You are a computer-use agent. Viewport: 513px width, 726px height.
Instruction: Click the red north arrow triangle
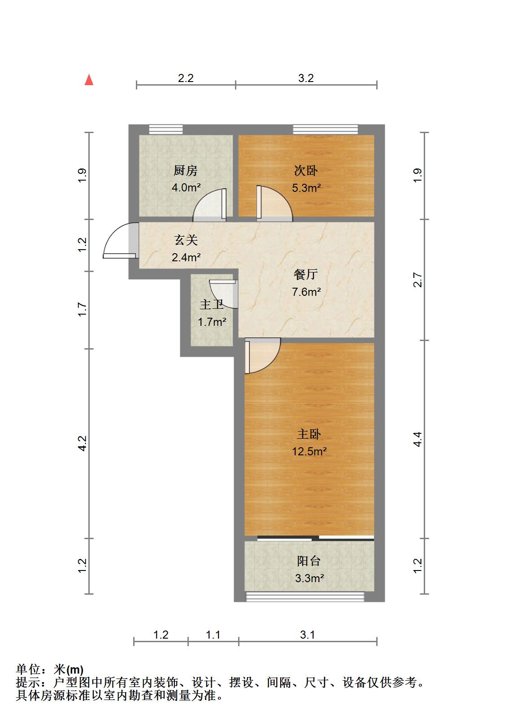(x=89, y=80)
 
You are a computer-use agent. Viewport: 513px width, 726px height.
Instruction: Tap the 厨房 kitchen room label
(x=185, y=170)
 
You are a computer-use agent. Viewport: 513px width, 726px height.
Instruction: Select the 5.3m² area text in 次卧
(x=306, y=188)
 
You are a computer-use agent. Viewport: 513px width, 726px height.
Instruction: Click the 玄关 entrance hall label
(x=186, y=240)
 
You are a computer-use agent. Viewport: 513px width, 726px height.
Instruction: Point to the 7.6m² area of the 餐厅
(x=306, y=292)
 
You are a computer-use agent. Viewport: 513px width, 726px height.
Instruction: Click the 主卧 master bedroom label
(x=309, y=434)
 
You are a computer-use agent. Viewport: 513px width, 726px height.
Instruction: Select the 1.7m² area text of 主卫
(x=212, y=322)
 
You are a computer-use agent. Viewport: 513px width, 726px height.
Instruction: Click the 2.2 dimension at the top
(x=186, y=78)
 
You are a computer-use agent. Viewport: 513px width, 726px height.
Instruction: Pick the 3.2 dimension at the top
(x=306, y=78)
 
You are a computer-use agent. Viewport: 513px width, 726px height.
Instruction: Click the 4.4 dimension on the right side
(x=417, y=439)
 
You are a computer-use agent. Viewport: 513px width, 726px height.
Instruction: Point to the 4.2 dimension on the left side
(x=82, y=443)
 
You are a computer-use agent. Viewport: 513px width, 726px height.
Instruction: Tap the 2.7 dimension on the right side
(x=417, y=280)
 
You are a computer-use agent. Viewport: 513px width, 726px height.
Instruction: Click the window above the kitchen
(x=166, y=130)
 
